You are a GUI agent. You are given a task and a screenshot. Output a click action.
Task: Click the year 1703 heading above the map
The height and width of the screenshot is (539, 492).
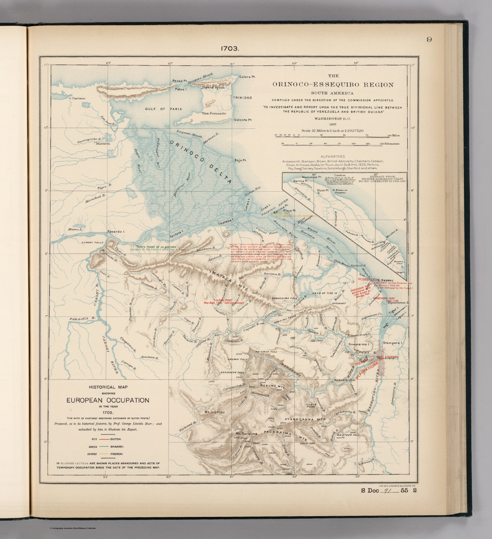pos(230,49)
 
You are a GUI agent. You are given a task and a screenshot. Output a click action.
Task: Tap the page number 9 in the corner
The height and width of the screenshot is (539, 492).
pos(429,39)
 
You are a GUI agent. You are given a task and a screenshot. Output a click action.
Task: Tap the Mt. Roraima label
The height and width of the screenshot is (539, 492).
pos(246,433)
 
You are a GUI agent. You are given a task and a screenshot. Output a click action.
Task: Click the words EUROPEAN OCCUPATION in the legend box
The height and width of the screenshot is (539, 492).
pos(108,400)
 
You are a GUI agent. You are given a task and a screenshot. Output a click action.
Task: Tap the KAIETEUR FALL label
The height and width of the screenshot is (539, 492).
pos(347,435)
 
